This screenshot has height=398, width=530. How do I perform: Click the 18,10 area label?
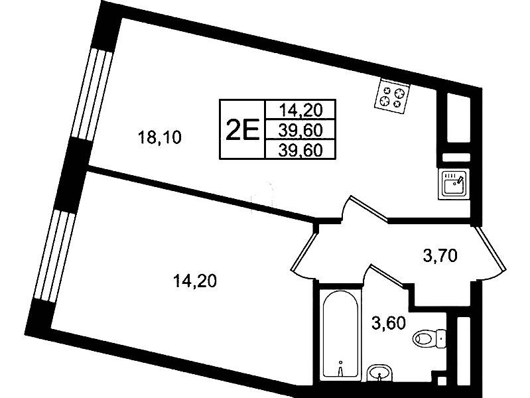tap(160, 137)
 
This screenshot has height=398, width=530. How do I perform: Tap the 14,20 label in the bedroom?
tap(195, 281)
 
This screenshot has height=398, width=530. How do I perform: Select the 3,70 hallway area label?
tap(440, 255)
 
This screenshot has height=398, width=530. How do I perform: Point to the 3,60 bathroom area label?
tap(388, 323)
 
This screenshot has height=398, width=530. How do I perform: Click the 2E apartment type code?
tap(242, 129)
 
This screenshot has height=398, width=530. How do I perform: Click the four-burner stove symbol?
tap(392, 96)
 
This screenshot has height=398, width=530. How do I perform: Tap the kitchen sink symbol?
tap(454, 184)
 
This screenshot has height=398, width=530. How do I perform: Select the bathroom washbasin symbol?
tap(380, 373)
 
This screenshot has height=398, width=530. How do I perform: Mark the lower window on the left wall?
tap(55, 256)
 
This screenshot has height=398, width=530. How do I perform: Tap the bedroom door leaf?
tap(304, 249)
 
